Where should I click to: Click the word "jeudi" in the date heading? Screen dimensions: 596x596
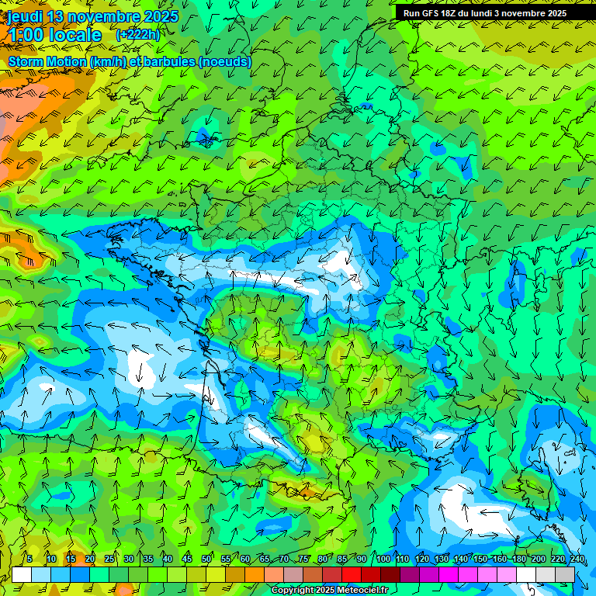coord(25,16)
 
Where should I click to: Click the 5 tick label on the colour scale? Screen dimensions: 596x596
coord(29,560)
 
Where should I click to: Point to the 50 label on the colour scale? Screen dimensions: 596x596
coord(206,560)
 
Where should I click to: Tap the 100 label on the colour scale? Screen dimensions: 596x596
coord(383,560)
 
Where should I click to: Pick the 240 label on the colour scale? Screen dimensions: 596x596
coord(577,560)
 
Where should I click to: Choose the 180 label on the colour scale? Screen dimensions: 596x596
coord(519,560)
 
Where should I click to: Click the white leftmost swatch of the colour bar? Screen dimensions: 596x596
coord(21,574)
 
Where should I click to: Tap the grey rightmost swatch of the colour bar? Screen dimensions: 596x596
coord(566,574)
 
